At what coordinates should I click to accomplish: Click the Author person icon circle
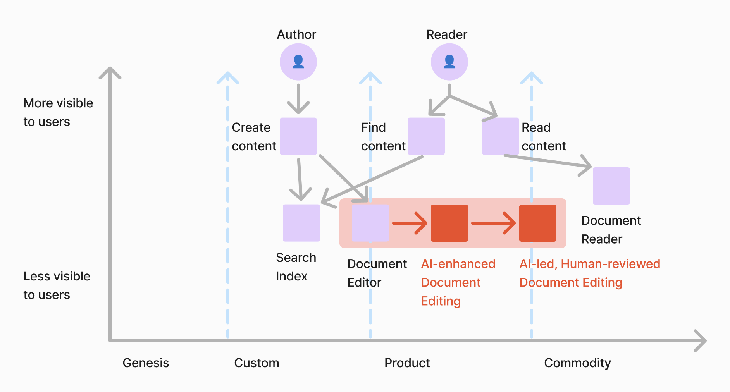coord(298,62)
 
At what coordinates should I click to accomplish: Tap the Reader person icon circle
coord(449,62)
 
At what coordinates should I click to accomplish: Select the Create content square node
coord(298,136)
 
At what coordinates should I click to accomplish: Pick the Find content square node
coord(426,136)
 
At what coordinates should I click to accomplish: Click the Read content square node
coord(500,136)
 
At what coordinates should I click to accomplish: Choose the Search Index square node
coord(301,223)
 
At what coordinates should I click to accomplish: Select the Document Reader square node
coord(611,186)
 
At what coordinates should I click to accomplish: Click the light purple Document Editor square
coord(370,223)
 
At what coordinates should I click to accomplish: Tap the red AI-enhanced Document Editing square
coord(449,223)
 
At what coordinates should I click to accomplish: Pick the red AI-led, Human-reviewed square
coord(537,223)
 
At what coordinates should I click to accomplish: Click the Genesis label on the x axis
coord(146,363)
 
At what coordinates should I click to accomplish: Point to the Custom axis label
coord(257,363)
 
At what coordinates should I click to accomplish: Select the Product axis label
coord(407,363)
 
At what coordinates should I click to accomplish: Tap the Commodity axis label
coord(577,363)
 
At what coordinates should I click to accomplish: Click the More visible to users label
coord(58,112)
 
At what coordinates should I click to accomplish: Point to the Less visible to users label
coord(57,285)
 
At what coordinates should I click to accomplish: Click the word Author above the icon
coord(296,34)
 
